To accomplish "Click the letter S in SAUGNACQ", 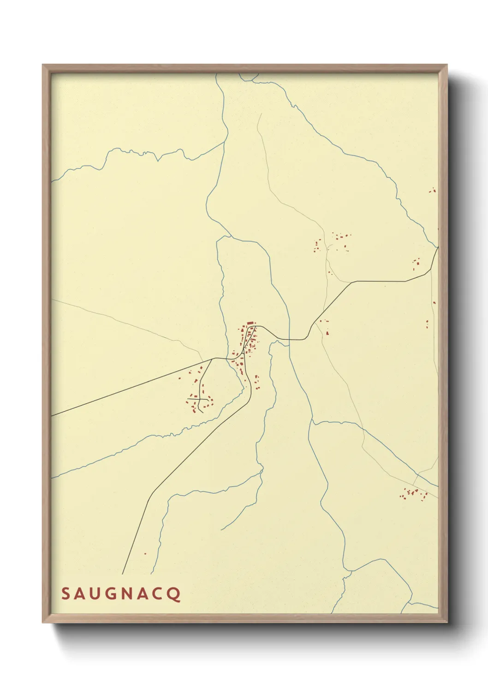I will (66, 593).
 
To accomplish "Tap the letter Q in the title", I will (174, 594).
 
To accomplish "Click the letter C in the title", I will (158, 593).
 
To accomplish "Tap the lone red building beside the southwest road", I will (145, 553).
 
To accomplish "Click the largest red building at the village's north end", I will (250, 323).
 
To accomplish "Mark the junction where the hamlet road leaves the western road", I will (212, 359).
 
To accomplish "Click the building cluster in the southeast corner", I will (413, 493).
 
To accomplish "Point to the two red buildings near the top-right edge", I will (432, 190).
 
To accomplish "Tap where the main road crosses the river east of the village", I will (290, 340).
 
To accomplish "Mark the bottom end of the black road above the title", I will (122, 574).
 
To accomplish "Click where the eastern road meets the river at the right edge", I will (437, 248).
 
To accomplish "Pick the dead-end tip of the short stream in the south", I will (221, 529).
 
